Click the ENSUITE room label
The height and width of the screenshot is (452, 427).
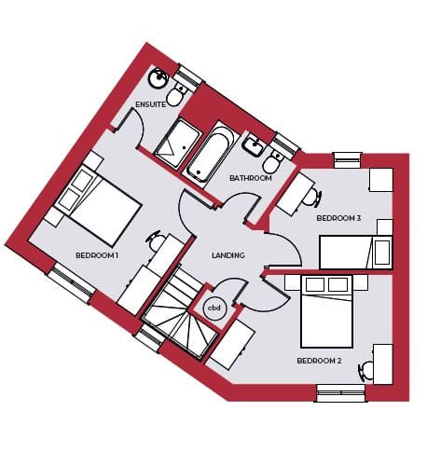(x=150, y=104)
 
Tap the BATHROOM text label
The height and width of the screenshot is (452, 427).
(x=251, y=178)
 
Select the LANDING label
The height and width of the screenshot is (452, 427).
(x=228, y=255)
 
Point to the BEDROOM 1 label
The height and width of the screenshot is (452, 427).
(x=97, y=255)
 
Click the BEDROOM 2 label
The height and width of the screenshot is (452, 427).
(x=319, y=361)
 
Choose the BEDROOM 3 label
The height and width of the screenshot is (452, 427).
(x=338, y=218)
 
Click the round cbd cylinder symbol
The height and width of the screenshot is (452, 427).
(x=214, y=308)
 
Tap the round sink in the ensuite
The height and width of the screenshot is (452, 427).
(x=158, y=77)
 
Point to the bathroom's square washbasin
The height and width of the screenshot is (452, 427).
(x=255, y=145)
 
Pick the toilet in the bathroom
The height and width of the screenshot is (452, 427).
(x=273, y=161)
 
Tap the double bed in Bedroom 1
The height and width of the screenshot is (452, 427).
(x=99, y=206)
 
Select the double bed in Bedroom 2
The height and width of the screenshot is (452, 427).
(x=326, y=311)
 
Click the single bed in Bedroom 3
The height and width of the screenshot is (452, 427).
(x=356, y=252)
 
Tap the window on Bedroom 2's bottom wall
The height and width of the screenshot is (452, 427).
(x=341, y=393)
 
